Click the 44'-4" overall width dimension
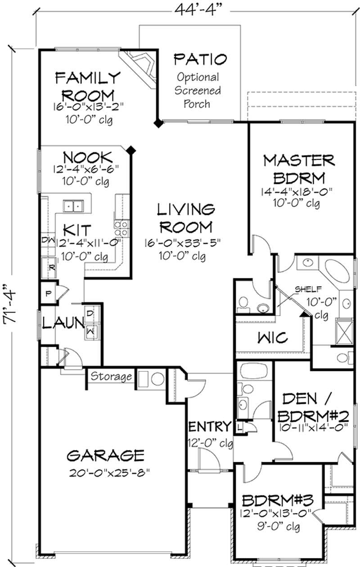pos(196,11)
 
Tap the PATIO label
pos(200,59)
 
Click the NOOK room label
pos(87,157)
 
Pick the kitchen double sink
pos(73,206)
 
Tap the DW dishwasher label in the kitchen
pos(48,240)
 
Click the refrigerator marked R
pos(49,268)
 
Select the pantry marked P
pos(49,293)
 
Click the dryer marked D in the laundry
pos(90,313)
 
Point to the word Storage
pos(112,376)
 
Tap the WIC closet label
pos(273,337)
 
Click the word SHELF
pos(308,289)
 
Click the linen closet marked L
pos(239,428)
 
